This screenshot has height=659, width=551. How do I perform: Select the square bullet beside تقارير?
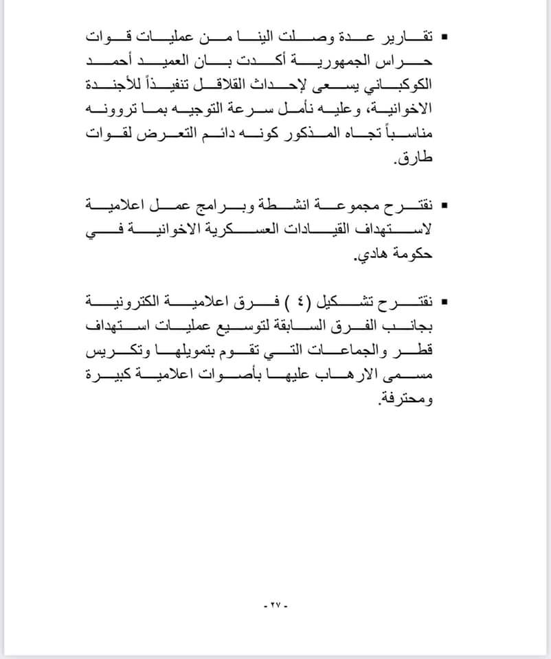445,35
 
